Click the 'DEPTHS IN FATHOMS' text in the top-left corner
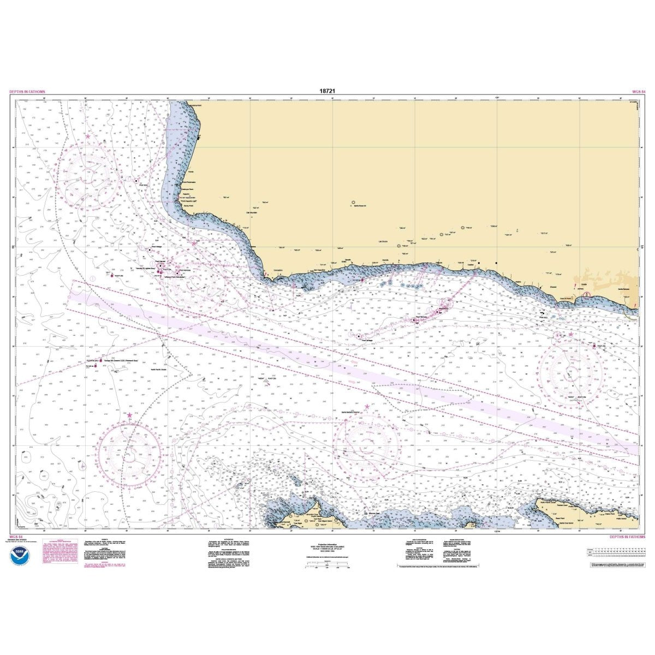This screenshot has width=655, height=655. click(27, 92)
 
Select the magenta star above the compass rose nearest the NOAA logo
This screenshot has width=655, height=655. click(129, 415)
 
